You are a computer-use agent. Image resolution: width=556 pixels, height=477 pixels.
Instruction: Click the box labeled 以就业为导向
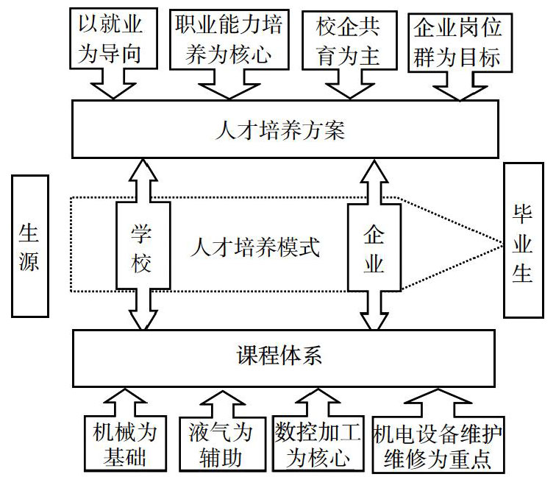[x=113, y=38]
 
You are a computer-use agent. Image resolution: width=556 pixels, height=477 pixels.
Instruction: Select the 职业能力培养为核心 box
[x=229, y=40]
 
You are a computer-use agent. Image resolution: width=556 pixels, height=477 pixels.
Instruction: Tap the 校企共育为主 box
[x=349, y=40]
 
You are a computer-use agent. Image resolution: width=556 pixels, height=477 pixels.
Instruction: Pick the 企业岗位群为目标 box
[x=460, y=43]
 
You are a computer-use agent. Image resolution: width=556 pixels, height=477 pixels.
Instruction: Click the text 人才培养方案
[x=280, y=130]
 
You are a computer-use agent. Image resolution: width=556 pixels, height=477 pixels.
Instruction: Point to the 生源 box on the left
[x=29, y=246]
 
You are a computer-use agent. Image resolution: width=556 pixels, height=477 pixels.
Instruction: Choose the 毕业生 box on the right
[x=524, y=240]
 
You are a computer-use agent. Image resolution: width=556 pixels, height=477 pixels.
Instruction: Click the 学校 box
[x=143, y=246]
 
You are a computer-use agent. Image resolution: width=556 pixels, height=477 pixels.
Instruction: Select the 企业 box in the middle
[x=374, y=248]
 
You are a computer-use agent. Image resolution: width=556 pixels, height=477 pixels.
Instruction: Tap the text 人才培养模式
[x=255, y=247]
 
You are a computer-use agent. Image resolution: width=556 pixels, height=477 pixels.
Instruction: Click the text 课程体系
[x=279, y=356]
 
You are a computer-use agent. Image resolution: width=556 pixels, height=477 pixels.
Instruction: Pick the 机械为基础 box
[x=125, y=444]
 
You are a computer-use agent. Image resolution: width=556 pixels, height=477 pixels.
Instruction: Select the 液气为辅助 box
[x=222, y=444]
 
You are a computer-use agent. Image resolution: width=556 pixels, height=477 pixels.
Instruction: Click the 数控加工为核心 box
[x=318, y=444]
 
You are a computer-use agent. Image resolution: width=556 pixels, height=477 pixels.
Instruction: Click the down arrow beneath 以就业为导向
[x=113, y=84]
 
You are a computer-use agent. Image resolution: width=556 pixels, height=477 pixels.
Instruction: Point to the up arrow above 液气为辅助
[x=222, y=405]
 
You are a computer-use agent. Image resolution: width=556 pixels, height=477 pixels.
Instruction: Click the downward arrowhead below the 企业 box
[x=374, y=321]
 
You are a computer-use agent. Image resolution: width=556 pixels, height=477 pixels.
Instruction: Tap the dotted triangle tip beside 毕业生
[x=503, y=244]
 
